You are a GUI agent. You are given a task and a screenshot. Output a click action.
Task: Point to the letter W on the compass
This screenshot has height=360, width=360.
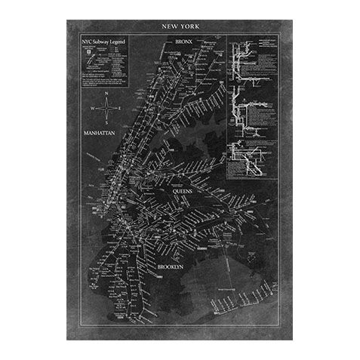(x=94, y=108)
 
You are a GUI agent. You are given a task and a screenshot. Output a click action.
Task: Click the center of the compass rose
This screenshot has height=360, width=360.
(x=109, y=108)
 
